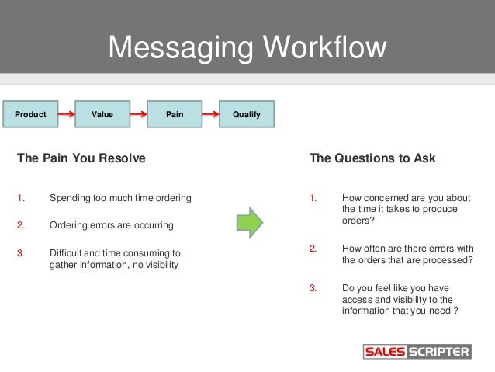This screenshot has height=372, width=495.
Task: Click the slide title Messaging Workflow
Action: (247, 47)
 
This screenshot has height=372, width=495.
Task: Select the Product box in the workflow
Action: (31, 115)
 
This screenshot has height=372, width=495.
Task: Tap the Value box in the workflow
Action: (102, 115)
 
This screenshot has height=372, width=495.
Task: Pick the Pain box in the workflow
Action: (175, 115)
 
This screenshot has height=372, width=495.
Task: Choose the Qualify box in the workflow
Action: (247, 115)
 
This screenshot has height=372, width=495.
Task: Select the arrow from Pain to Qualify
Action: (210, 115)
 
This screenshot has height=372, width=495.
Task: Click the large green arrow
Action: (249, 223)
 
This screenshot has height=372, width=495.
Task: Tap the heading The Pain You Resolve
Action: (81, 158)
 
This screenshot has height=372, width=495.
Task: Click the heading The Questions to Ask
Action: (372, 158)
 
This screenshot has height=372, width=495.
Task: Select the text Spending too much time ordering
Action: (120, 198)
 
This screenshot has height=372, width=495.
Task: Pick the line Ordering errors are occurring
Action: (111, 225)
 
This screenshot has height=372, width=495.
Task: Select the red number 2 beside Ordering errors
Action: (21, 225)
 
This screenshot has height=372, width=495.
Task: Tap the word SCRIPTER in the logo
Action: (438, 352)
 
